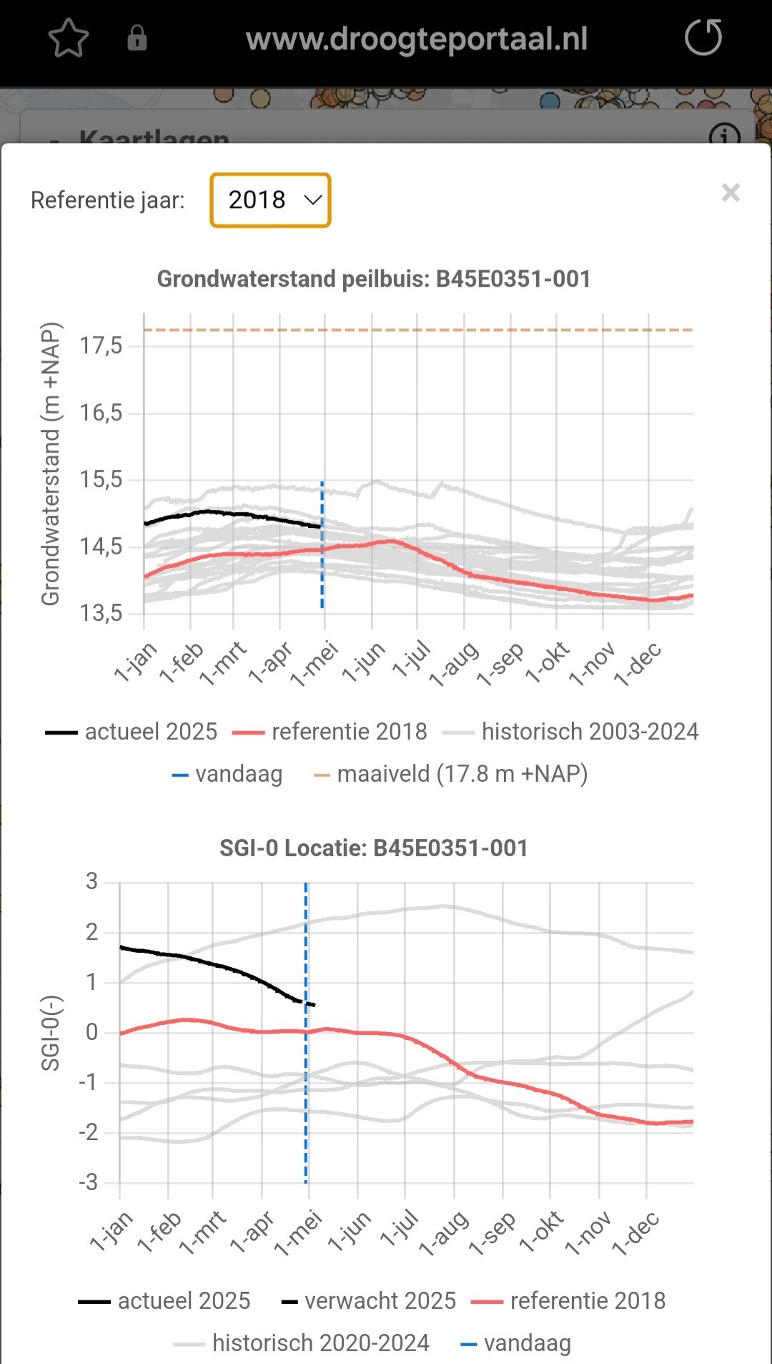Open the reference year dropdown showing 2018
[270, 200]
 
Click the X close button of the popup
[731, 192]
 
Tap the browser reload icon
[703, 38]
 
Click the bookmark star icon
[69, 39]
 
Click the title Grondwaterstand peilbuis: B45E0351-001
[374, 279]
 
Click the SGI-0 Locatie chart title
[374, 848]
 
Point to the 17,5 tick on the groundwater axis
[101, 346]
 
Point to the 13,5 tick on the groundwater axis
[101, 613]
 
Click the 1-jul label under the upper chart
[413, 659]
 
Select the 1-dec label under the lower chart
[636, 1232]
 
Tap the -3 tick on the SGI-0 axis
[89, 1182]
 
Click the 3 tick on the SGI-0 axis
[91, 881]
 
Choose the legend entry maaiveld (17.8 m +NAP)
[462, 774]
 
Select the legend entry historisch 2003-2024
[590, 732]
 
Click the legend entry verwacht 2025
[380, 1300]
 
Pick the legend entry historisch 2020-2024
[320, 1343]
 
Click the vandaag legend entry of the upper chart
[239, 774]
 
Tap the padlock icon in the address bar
[137, 39]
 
